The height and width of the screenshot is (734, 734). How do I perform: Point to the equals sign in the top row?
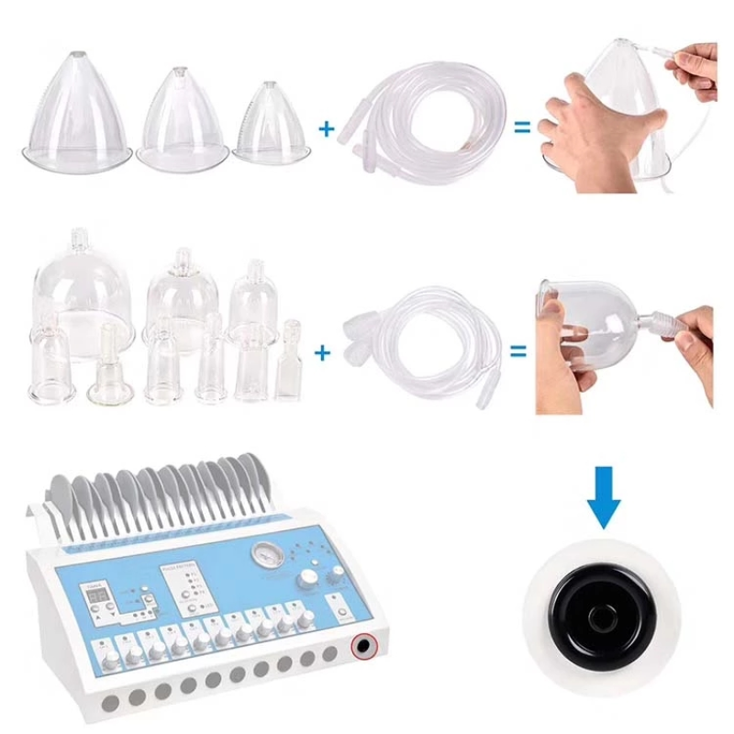[x=521, y=128]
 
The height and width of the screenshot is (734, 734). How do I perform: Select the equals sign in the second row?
[x=518, y=350]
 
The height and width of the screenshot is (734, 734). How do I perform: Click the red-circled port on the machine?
[x=365, y=646]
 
